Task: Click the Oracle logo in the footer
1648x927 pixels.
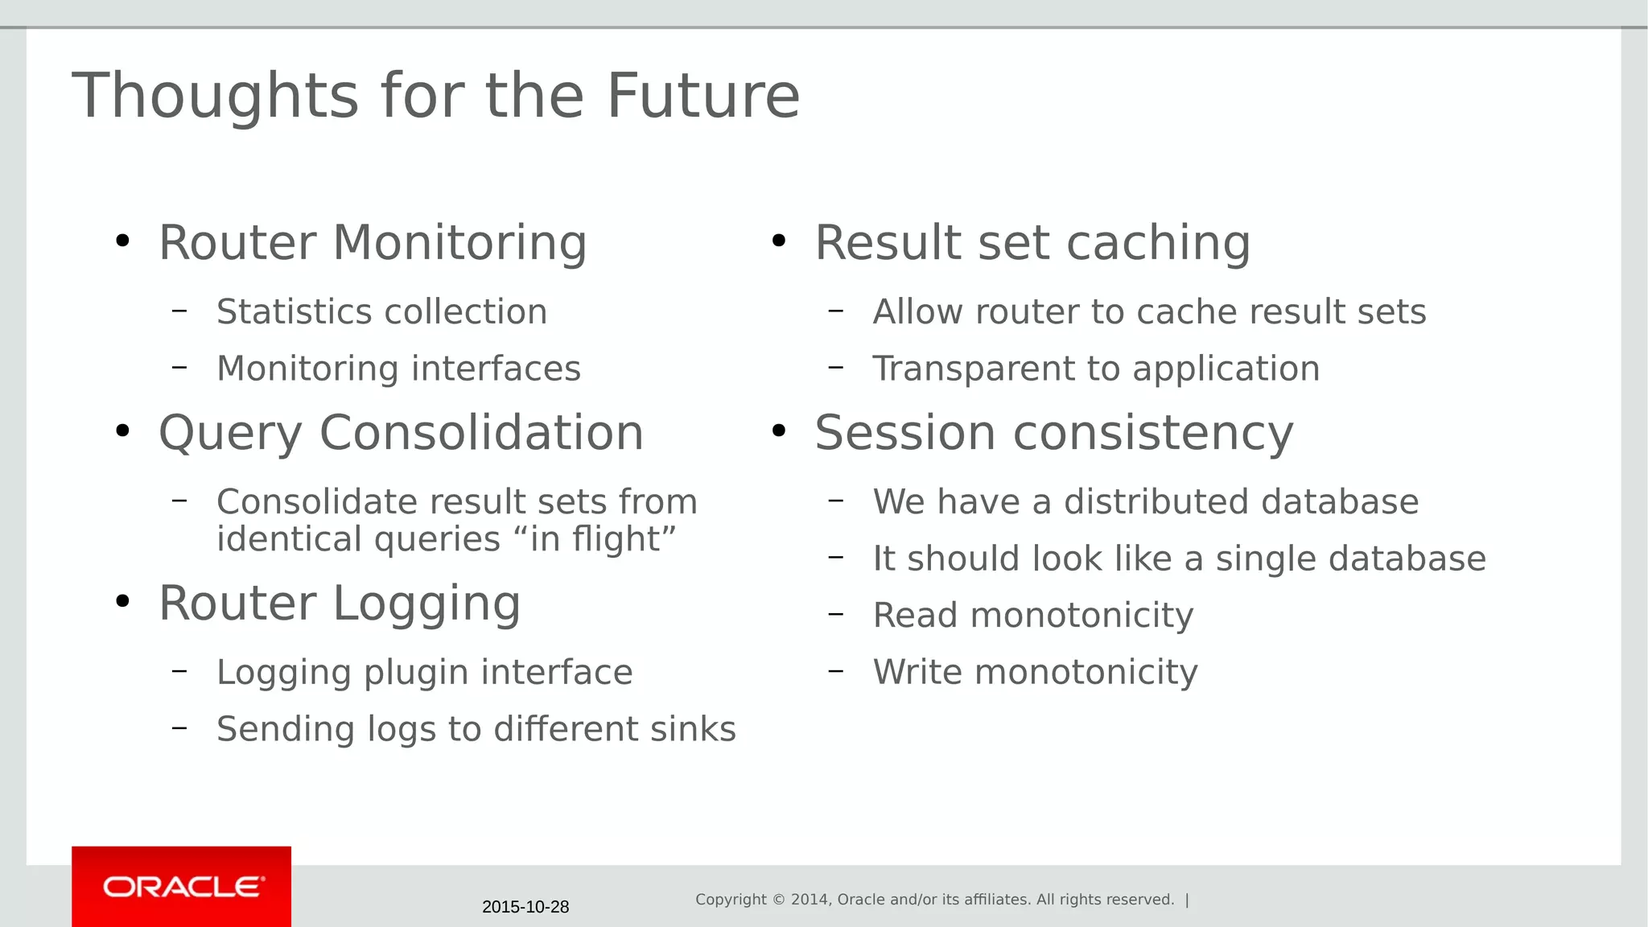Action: (182, 887)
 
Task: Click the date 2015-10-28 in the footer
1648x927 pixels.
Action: (525, 907)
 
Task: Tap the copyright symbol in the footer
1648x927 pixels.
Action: (779, 900)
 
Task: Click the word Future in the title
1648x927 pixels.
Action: (702, 96)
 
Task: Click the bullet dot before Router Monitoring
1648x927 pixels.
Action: (122, 241)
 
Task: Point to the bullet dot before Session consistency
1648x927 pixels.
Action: (778, 431)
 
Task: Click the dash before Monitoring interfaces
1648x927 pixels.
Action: (179, 368)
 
